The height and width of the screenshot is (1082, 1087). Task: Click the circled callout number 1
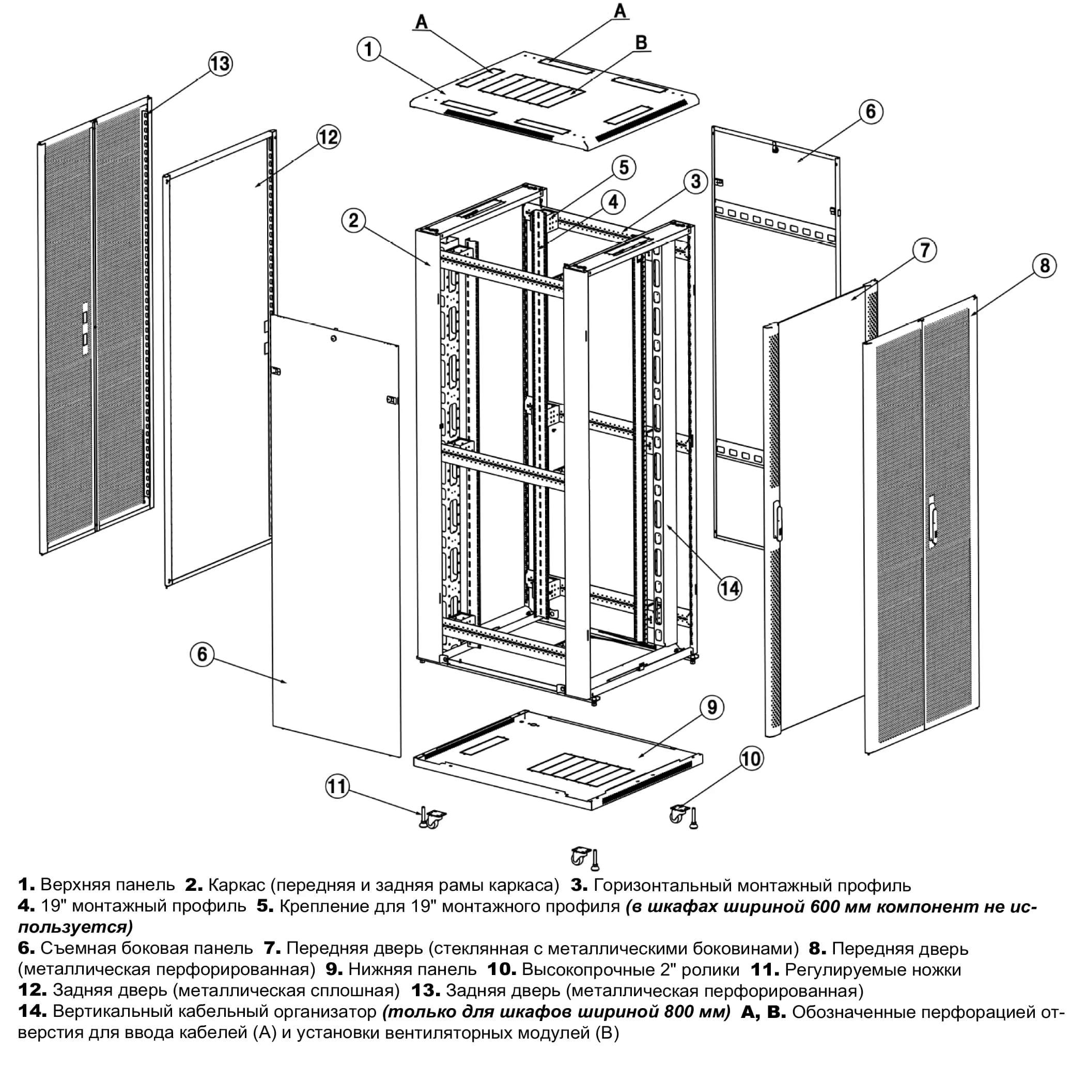coord(368,49)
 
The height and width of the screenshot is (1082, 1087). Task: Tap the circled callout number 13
coord(220,63)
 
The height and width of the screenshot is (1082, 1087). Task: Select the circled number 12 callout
coord(329,137)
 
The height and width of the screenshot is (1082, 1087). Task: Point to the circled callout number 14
coord(729,589)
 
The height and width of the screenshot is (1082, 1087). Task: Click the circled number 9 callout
coord(712,707)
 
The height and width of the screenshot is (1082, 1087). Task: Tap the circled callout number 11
coord(337,786)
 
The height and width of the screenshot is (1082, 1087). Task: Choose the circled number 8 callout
coord(1044,266)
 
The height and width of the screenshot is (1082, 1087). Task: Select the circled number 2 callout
coord(353,220)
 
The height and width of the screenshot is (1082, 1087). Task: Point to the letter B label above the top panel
coord(641,42)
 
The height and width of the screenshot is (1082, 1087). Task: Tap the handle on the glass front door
coord(778,520)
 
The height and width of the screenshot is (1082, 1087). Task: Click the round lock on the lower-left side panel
coord(334,339)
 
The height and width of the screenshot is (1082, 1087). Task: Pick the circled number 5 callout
coord(624,167)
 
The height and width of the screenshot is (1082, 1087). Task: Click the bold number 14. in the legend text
coord(32,1011)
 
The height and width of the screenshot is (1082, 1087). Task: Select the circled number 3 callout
coord(695,181)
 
